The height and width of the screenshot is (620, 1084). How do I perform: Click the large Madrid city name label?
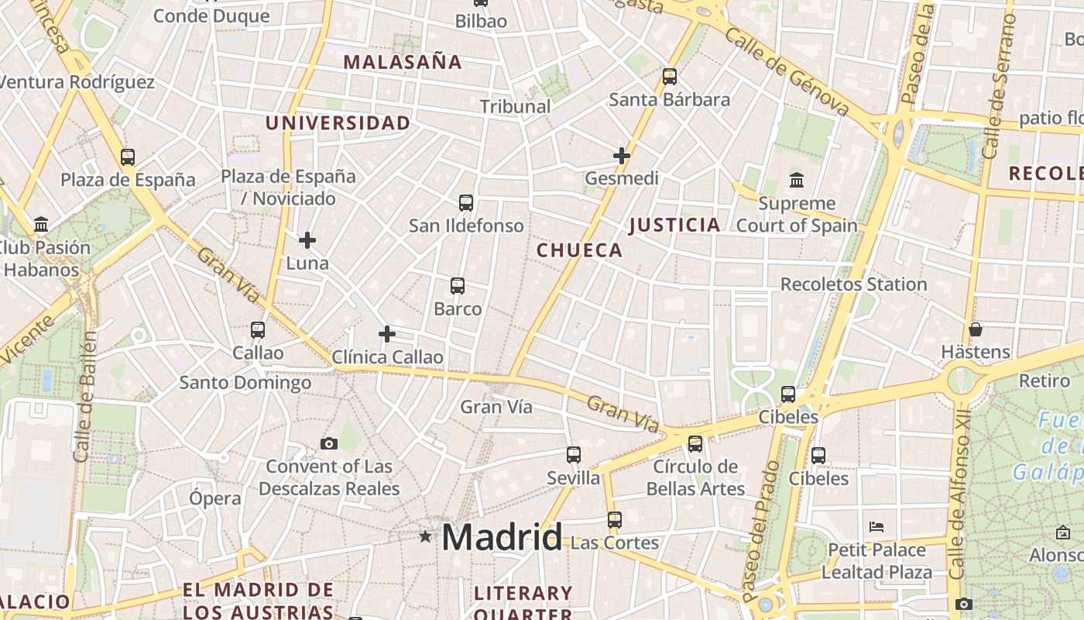tap(502, 537)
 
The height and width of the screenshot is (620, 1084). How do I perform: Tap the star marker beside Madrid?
tap(424, 536)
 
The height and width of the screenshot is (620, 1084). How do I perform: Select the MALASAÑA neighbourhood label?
tap(402, 62)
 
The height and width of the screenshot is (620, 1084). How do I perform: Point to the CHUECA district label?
tap(579, 250)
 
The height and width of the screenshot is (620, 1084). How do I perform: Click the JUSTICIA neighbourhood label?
tap(674, 225)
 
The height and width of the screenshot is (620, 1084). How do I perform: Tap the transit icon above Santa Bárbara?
tap(670, 77)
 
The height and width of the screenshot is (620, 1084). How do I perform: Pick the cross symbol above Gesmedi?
tap(622, 156)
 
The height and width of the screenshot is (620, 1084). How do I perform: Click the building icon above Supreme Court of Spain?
tap(796, 181)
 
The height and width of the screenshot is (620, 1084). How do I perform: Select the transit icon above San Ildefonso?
tap(466, 203)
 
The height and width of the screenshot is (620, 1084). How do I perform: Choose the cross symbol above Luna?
tap(307, 240)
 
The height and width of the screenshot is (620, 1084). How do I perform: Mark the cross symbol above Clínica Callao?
tap(387, 334)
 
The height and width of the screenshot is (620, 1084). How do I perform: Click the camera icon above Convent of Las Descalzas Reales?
tap(329, 443)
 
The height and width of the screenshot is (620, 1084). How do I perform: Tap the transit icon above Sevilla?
tap(574, 455)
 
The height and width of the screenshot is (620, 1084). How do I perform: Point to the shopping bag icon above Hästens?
tap(976, 329)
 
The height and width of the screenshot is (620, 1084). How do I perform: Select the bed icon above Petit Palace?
tap(876, 527)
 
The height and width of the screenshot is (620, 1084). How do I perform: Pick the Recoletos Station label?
tap(853, 284)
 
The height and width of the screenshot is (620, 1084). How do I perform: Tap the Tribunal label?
tap(515, 106)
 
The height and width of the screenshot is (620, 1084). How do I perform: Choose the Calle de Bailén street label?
tap(84, 397)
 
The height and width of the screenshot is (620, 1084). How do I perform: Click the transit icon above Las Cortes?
tap(615, 519)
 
